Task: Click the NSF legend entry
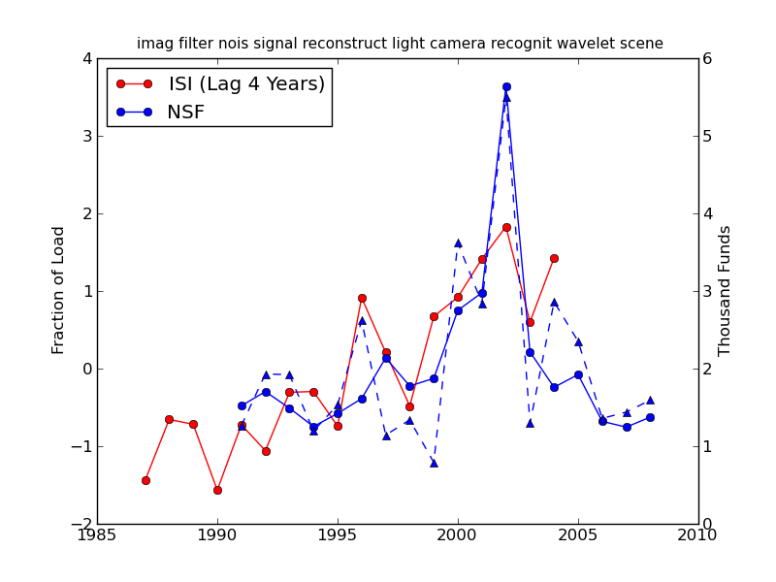click(x=185, y=113)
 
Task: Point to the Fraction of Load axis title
click(x=59, y=290)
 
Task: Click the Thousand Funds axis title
click(x=725, y=290)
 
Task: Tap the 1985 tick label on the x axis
click(x=97, y=536)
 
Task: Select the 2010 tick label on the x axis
click(x=698, y=536)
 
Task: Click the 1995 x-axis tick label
click(x=338, y=536)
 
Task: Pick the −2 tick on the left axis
click(x=81, y=524)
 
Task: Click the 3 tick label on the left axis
click(x=87, y=136)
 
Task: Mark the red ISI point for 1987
click(x=145, y=480)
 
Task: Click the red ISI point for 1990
click(x=217, y=490)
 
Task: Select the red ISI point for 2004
click(x=554, y=258)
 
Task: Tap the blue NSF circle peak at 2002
click(x=506, y=86)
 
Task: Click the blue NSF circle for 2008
click(x=650, y=417)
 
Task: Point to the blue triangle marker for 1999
click(x=434, y=463)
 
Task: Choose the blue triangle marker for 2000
click(x=458, y=242)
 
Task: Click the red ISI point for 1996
click(x=362, y=298)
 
